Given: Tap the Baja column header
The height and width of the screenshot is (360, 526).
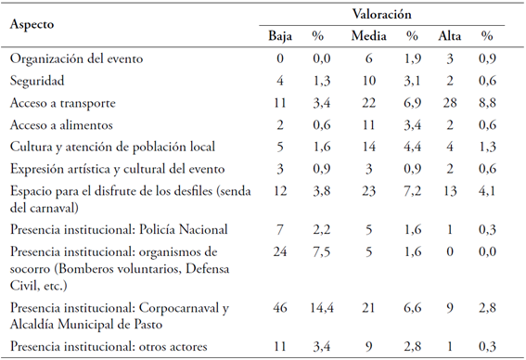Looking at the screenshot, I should point(280,37).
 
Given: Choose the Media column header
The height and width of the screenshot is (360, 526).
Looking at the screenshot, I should point(369,37).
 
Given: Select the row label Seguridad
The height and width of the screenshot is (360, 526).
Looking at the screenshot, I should point(38,81).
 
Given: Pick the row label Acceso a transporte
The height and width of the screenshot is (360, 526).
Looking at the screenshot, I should point(68,103).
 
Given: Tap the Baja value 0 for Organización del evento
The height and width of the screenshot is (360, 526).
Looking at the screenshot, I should point(280,58).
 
